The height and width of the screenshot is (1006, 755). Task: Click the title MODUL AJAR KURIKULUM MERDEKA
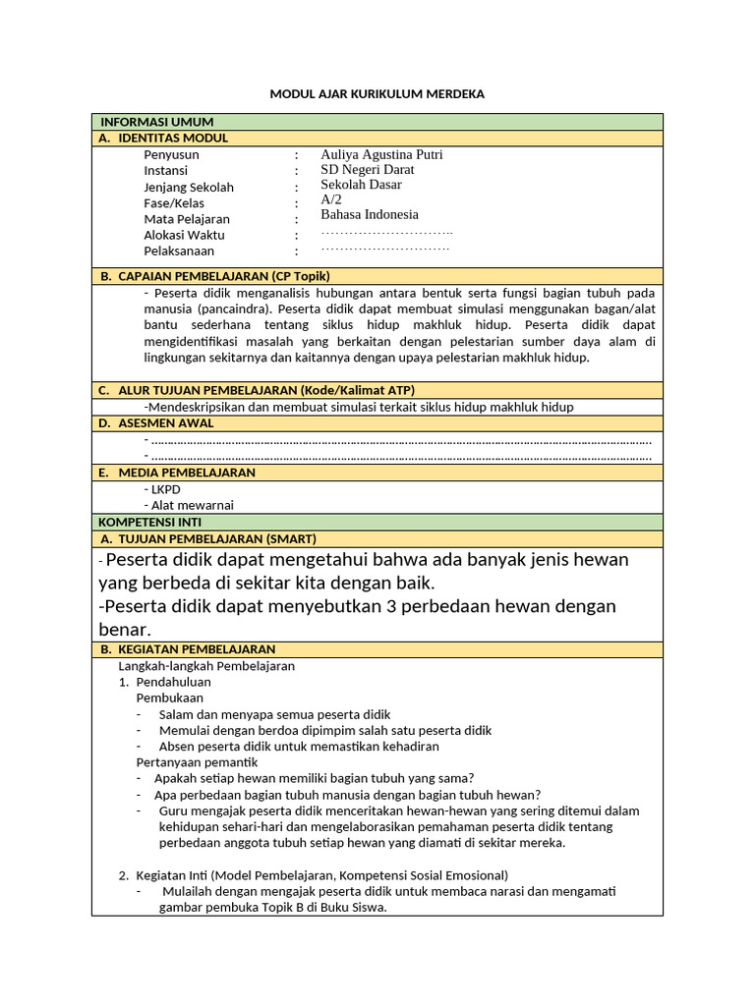click(377, 94)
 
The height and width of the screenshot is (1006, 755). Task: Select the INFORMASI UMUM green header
click(157, 122)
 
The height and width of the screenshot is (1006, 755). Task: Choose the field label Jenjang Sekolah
click(189, 188)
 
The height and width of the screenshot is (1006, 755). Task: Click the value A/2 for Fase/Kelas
click(331, 199)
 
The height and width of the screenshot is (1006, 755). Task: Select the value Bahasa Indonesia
click(370, 214)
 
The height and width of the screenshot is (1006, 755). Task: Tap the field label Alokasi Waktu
click(184, 235)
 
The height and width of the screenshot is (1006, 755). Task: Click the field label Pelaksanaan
click(179, 251)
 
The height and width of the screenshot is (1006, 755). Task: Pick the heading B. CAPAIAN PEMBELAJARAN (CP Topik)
click(214, 276)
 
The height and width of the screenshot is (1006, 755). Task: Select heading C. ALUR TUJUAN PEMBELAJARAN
click(257, 390)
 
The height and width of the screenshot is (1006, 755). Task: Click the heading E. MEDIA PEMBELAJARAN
click(177, 473)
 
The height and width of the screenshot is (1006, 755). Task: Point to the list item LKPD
click(165, 489)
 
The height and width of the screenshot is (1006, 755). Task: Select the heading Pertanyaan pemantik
click(197, 761)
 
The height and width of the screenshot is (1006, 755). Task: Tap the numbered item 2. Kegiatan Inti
click(187, 874)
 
